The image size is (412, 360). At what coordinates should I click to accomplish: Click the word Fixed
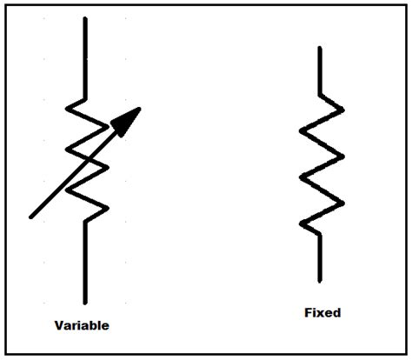coord(322,312)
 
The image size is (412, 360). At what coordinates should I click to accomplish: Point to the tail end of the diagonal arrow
coord(31,217)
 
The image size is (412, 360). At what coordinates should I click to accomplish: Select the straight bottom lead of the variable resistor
coord(85,261)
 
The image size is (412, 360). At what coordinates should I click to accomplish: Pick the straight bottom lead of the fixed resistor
coord(321,257)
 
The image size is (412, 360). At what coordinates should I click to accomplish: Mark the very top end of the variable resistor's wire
coord(84,17)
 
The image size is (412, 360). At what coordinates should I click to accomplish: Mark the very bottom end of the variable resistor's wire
coord(85,302)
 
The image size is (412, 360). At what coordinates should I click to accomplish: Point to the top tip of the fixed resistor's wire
coord(320,47)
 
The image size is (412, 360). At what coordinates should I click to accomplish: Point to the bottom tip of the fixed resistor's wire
coord(321,281)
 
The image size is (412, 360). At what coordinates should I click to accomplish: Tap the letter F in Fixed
coord(309,312)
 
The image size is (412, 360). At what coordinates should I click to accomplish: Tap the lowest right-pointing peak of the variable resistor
coord(107,207)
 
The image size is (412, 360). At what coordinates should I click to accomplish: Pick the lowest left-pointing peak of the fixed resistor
coord(302,226)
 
